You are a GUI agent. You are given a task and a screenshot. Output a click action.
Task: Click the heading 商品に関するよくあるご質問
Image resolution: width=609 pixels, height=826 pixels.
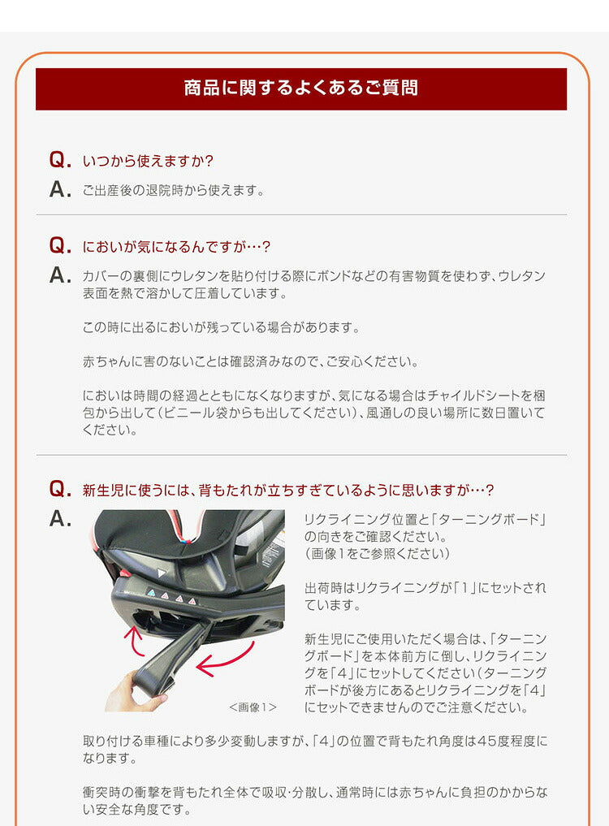tap(300, 88)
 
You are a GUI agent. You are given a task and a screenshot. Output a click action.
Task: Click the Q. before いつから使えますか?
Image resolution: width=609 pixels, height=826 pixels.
tap(61, 160)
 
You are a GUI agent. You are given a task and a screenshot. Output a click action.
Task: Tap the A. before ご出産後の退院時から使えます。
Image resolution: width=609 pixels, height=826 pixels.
tap(61, 190)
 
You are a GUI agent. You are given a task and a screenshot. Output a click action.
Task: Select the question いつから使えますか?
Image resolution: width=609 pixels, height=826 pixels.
tap(148, 161)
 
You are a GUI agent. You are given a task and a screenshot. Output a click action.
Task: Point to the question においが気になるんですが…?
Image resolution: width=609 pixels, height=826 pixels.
tap(176, 246)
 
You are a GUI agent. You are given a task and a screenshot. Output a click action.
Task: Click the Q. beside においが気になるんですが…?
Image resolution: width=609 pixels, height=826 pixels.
tap(61, 246)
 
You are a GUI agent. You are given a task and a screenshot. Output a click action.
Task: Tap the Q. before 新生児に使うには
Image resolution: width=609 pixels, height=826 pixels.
tap(61, 489)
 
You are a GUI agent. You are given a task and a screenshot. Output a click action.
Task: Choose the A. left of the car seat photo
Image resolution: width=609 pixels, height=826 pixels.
tap(61, 519)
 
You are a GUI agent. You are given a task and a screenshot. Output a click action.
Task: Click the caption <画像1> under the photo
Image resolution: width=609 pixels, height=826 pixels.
tap(253, 707)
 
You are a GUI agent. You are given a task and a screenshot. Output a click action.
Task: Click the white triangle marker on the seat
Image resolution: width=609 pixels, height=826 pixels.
tap(162, 573)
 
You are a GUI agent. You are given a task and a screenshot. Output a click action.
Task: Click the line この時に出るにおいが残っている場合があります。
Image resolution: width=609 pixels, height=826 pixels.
tap(221, 327)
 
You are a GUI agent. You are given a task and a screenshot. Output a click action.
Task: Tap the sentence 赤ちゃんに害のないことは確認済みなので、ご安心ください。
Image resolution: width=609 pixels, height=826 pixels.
tap(251, 361)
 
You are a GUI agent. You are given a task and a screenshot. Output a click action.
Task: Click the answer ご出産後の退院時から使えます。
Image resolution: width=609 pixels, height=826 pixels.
tap(174, 191)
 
